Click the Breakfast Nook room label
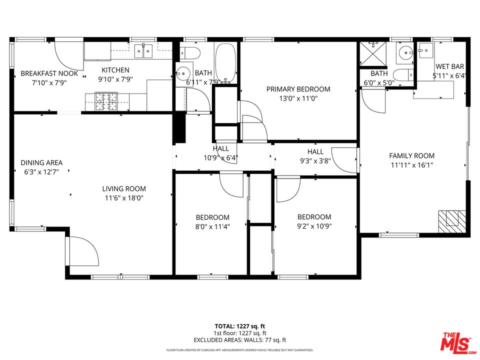point(49,73)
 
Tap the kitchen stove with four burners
point(106,101)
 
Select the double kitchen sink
point(143,51)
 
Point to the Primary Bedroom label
point(298,89)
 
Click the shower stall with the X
point(373,54)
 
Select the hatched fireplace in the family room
point(452,221)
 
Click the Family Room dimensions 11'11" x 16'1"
point(411,165)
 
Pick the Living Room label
point(124,189)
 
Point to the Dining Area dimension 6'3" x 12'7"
point(41,172)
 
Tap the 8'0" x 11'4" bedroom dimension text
point(212,227)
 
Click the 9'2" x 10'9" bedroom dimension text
point(314,226)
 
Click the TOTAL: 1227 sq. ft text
point(239,326)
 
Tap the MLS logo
point(458,341)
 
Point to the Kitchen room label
point(115,70)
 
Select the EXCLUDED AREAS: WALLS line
point(239,340)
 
